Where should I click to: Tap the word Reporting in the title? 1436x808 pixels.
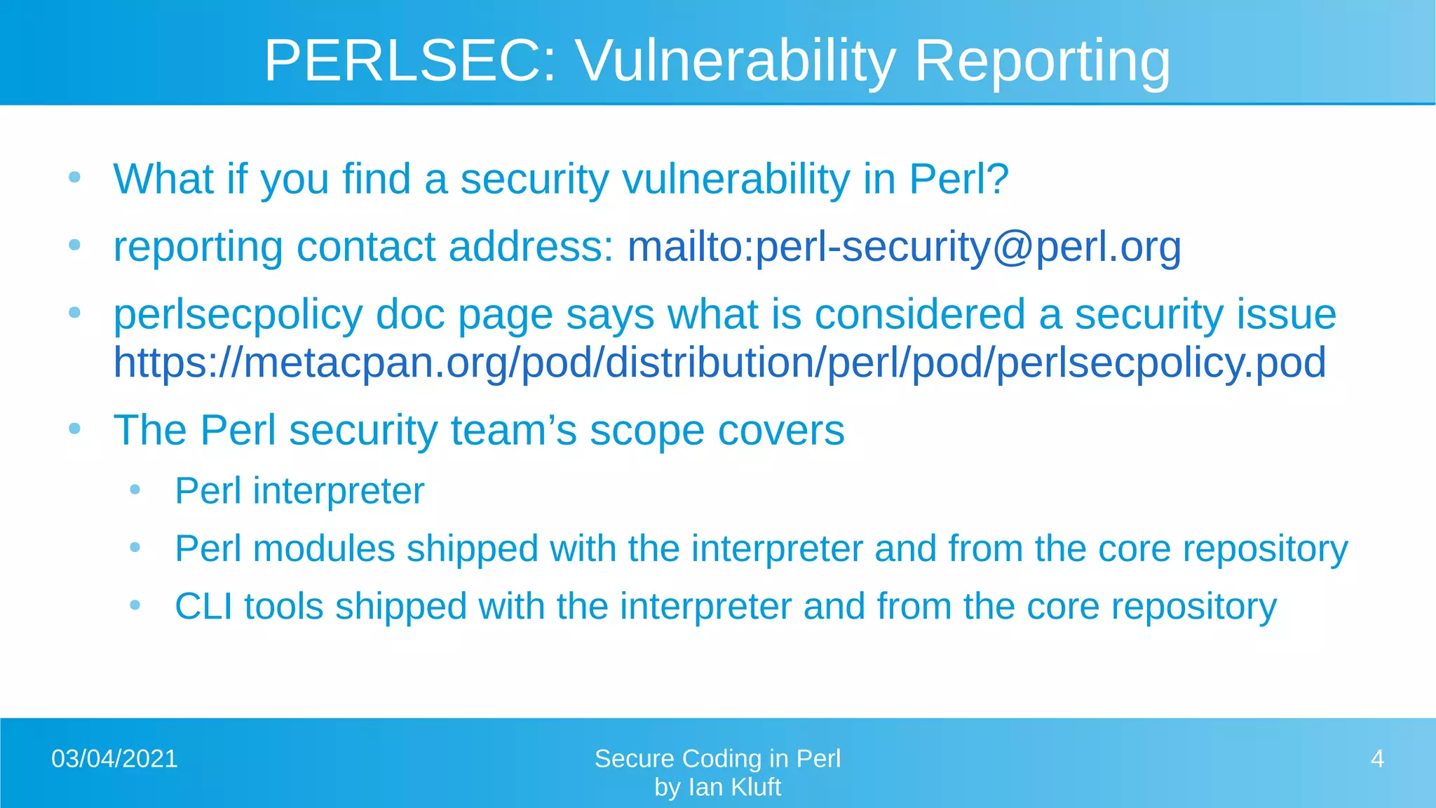point(1043,61)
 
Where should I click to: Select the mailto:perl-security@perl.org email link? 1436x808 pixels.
point(904,247)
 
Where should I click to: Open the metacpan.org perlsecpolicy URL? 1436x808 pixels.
point(719,363)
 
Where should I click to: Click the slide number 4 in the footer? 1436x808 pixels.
point(1377,759)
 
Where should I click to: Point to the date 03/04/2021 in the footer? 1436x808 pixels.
point(114,759)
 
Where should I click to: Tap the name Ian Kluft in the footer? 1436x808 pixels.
point(734,788)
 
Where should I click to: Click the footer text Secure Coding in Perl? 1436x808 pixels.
point(717,759)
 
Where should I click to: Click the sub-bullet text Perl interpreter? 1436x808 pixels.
point(299,491)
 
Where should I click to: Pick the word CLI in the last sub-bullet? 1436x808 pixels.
point(203,607)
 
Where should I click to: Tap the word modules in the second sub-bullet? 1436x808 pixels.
point(324,548)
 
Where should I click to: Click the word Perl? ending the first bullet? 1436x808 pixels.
point(959,179)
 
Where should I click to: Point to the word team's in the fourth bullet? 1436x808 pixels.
point(514,430)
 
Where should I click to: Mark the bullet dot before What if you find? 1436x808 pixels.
point(75,177)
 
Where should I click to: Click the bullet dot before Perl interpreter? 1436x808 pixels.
point(135,490)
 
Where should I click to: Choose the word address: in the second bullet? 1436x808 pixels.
point(531,247)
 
